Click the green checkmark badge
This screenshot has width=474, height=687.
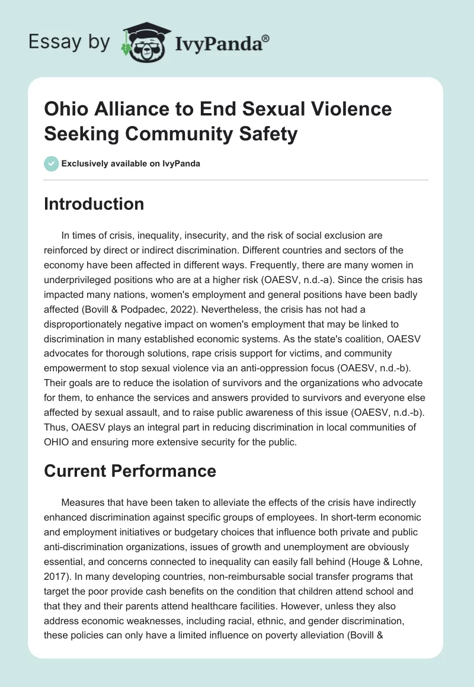tap(52, 163)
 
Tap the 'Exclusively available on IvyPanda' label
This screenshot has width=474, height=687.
tap(132, 163)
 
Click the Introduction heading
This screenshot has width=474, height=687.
tap(94, 204)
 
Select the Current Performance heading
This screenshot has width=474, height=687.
tap(130, 471)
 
